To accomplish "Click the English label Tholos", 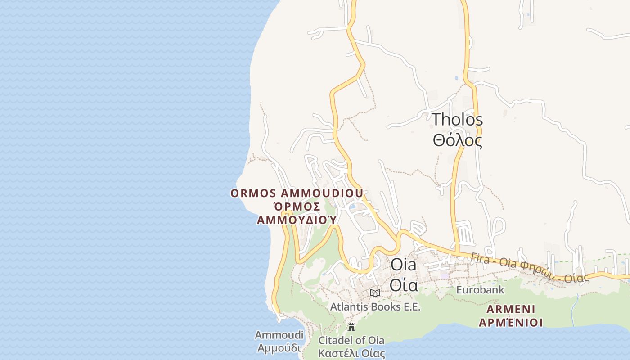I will [x=457, y=120].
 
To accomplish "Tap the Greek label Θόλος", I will [x=457, y=140].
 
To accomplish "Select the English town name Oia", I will [x=403, y=265].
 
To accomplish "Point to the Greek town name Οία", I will [x=404, y=285].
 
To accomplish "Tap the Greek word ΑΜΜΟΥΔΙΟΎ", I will [x=297, y=220].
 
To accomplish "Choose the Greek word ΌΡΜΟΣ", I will [x=297, y=207].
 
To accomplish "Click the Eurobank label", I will [x=480, y=290].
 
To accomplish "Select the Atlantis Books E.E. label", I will [x=375, y=307].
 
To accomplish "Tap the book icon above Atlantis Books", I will [x=375, y=293].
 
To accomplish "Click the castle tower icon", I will [x=351, y=327].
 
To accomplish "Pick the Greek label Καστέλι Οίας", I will [x=351, y=353].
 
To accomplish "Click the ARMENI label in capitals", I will [x=511, y=310].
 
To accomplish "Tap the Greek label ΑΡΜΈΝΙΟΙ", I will [x=511, y=323].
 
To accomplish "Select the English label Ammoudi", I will [x=279, y=335].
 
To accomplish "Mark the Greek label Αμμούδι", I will [x=279, y=348].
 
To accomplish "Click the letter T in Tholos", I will [x=437, y=120].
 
